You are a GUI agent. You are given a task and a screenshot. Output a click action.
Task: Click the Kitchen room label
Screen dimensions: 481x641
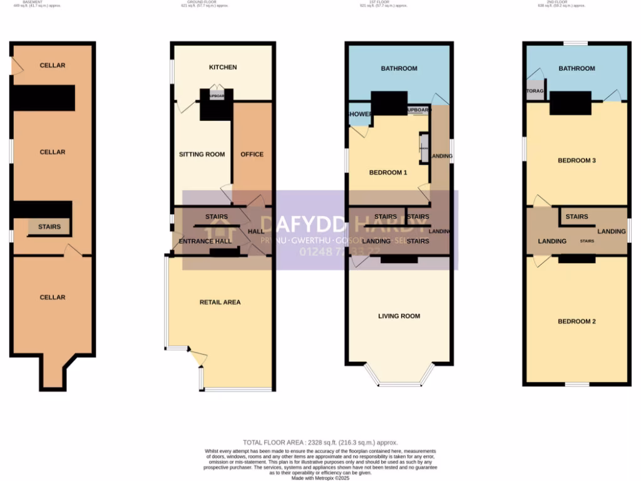click(x=223, y=67)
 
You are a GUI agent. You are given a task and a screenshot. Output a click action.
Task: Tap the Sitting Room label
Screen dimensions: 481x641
click(x=202, y=154)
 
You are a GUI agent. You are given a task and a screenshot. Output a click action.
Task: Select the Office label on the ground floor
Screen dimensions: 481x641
click(x=252, y=154)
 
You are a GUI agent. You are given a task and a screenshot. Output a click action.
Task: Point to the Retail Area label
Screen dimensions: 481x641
click(x=220, y=302)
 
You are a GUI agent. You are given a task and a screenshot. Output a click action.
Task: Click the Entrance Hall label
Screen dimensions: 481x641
click(x=205, y=241)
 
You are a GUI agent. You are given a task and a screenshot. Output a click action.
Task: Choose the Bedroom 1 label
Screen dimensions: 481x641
click(x=388, y=172)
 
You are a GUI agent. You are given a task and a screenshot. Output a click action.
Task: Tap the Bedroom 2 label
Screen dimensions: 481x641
click(x=577, y=321)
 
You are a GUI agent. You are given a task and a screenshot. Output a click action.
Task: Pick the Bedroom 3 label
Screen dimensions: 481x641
click(x=577, y=160)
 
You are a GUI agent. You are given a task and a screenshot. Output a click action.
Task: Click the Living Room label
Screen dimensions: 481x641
click(x=399, y=316)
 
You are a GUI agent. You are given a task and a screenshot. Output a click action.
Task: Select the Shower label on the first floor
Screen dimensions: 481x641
click(x=360, y=114)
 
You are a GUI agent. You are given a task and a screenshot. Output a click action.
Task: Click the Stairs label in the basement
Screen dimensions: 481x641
click(x=49, y=227)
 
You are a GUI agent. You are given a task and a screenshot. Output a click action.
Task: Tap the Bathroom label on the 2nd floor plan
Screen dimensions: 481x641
click(x=577, y=68)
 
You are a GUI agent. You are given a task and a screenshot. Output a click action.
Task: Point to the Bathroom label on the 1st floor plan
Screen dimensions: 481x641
click(x=399, y=68)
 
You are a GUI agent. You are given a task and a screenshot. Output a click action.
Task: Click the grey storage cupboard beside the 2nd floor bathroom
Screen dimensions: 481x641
click(x=535, y=91)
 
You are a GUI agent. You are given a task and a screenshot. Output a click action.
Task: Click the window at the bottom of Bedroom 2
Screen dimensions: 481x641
click(x=577, y=384)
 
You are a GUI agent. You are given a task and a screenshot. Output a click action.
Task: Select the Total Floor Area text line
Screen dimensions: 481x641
click(x=320, y=442)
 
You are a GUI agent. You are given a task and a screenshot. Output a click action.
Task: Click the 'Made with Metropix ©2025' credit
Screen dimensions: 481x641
click(x=320, y=478)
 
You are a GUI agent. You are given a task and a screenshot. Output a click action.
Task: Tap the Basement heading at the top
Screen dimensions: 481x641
click(x=33, y=3)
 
